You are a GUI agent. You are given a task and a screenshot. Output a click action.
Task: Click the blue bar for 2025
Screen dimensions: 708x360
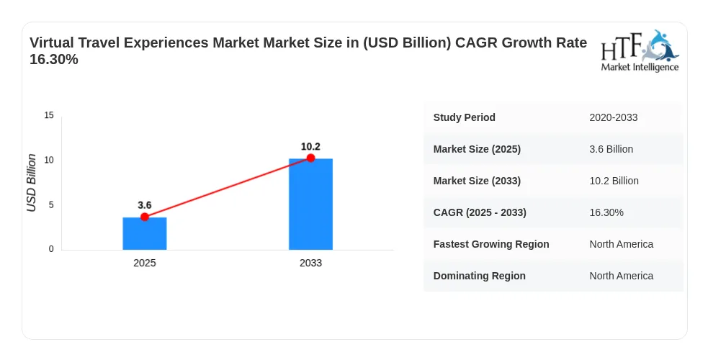[145, 233]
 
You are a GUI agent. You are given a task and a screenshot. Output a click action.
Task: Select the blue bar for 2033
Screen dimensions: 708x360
[310, 204]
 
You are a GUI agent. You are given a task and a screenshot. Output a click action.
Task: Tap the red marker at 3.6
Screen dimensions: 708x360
[145, 217]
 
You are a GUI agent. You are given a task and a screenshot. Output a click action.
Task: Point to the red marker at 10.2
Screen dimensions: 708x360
[310, 158]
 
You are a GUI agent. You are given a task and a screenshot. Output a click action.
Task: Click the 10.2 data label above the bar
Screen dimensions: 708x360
[310, 147]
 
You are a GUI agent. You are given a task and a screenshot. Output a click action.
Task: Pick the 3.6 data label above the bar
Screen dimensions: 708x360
[145, 205]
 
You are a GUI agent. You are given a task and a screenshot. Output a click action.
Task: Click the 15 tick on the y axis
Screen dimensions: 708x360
[49, 115]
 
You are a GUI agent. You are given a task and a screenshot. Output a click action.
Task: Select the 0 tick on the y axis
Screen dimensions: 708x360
[51, 249]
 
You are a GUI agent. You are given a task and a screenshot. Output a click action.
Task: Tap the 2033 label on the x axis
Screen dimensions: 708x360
[310, 263]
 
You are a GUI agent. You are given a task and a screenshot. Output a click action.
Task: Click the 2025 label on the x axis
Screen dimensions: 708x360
[145, 263]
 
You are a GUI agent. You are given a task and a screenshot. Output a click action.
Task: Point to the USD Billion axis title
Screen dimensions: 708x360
[31, 183]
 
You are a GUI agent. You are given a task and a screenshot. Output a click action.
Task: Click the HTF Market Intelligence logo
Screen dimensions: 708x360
[640, 50]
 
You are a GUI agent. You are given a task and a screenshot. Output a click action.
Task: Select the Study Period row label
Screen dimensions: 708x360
[464, 117]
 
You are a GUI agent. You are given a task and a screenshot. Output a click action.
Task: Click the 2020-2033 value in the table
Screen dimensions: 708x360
[614, 117]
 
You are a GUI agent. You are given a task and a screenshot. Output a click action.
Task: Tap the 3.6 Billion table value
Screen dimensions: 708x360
[611, 149]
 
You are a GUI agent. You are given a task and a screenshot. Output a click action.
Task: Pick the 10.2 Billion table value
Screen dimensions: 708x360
[614, 181]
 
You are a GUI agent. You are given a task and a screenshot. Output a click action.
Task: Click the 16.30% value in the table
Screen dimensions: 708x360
[606, 212]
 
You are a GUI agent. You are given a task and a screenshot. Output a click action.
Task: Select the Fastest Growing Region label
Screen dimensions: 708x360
[491, 244]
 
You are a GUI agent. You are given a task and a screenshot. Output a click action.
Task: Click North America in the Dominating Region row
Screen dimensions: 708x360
[622, 276]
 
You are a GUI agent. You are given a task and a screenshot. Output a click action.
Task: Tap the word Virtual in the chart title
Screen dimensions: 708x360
[51, 42]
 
